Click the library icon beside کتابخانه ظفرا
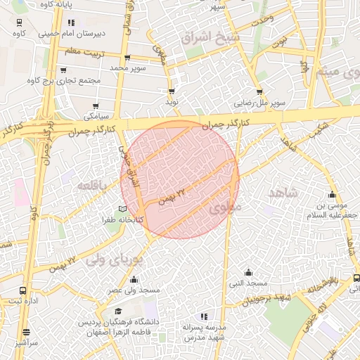123,209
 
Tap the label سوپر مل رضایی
259,103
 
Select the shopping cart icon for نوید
171,91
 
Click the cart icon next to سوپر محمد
127,58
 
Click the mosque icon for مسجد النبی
247,272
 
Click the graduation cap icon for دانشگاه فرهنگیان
118,311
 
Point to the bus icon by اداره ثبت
23,290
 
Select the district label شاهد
283,192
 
